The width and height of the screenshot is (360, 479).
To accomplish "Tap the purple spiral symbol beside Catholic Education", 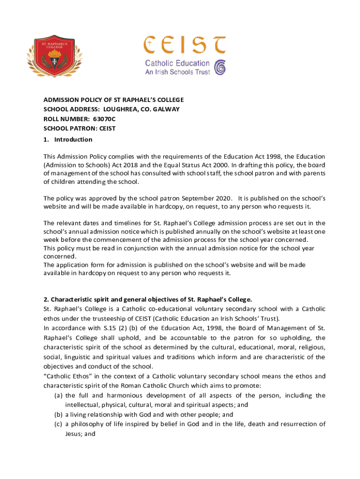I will tap(219, 67).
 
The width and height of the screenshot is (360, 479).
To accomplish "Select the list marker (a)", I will tap(59, 396).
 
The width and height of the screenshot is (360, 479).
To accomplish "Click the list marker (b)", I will tap(59, 414).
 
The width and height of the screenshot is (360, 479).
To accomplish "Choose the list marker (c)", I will tap(59, 424).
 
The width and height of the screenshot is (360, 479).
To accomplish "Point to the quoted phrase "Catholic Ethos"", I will tap(67, 376).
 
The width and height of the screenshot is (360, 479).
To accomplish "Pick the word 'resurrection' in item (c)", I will tap(292, 424).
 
